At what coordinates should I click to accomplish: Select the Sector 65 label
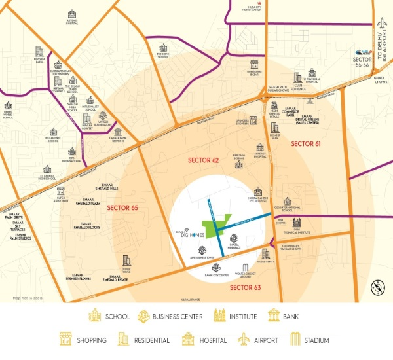(x=122, y=207)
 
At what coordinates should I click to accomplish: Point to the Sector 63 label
(x=245, y=287)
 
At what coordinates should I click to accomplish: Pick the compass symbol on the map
(x=377, y=285)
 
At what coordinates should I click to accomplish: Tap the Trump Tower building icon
(x=126, y=261)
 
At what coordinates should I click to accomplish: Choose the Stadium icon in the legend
(x=295, y=340)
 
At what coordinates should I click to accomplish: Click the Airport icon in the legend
(x=243, y=340)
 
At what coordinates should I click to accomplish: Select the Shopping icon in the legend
(x=65, y=340)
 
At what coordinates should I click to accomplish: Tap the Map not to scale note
(x=28, y=298)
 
